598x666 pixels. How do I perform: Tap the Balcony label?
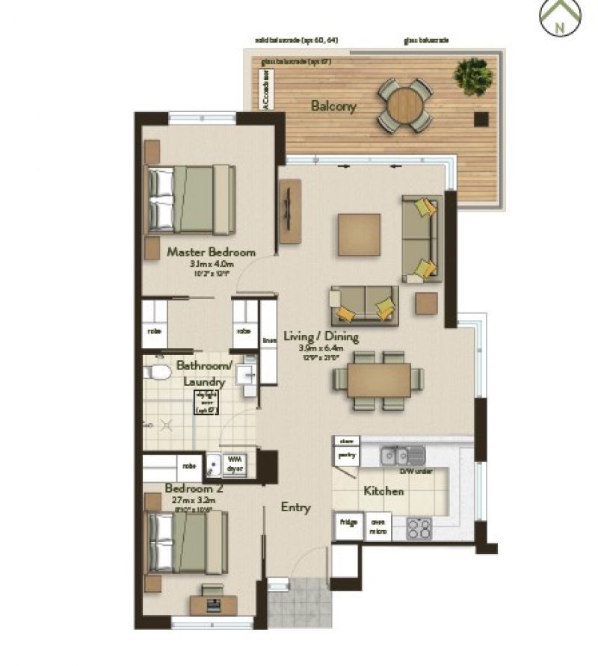[x=333, y=106]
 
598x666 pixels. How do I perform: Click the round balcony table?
[x=404, y=105]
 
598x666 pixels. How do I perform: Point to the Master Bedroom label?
[x=211, y=252]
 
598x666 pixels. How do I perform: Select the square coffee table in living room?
[x=359, y=235]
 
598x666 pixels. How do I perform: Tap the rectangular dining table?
[x=379, y=380]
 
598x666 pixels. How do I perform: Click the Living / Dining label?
[x=318, y=336]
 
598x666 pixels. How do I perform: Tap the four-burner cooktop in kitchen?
[x=419, y=529]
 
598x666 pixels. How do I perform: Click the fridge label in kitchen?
[x=348, y=522]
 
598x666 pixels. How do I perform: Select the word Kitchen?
[x=383, y=491]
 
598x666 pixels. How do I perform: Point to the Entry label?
[x=295, y=508]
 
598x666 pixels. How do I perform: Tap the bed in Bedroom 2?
[x=188, y=542]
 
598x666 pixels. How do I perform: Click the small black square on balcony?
[x=481, y=118]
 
